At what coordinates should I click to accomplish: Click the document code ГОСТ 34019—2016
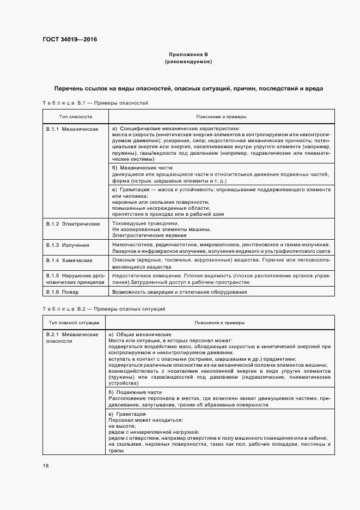coord(66,40)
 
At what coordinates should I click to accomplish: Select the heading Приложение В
coord(188,55)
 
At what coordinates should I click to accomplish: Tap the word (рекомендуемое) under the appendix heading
coord(188,62)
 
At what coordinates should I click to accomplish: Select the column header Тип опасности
coord(76,117)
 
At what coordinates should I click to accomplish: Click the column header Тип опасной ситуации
coord(74,323)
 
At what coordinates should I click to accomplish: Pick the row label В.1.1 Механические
coord(72,129)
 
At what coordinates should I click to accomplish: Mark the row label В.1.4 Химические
coord(69,260)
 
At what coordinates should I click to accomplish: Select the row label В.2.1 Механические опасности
coord(72,337)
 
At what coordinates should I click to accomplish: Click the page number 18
coord(45,465)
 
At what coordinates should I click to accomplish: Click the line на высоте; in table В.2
coord(121,426)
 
